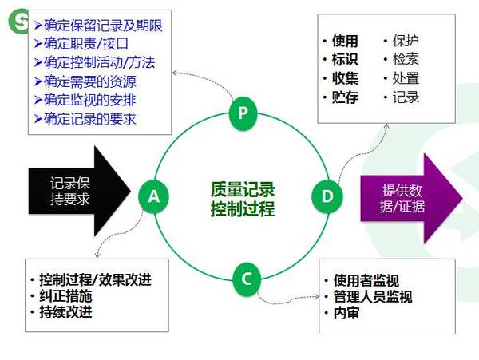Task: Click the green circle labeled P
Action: coord(243,113)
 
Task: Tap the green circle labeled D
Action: coord(327,196)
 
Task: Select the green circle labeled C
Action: coord(247,279)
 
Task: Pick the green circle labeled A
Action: coord(153,196)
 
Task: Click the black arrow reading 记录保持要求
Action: coord(80,191)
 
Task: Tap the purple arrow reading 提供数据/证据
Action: coord(411,199)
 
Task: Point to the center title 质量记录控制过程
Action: coord(243,199)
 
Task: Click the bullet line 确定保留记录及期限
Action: coord(98,26)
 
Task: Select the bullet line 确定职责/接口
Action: coord(81,44)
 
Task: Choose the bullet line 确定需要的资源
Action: coord(85,81)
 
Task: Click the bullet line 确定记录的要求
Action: coord(85,119)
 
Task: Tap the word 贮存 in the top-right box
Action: coord(345,97)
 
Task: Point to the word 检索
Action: coord(406,59)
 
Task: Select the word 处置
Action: coord(406,78)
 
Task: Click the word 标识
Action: coord(345,59)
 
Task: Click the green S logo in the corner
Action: coord(18,21)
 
